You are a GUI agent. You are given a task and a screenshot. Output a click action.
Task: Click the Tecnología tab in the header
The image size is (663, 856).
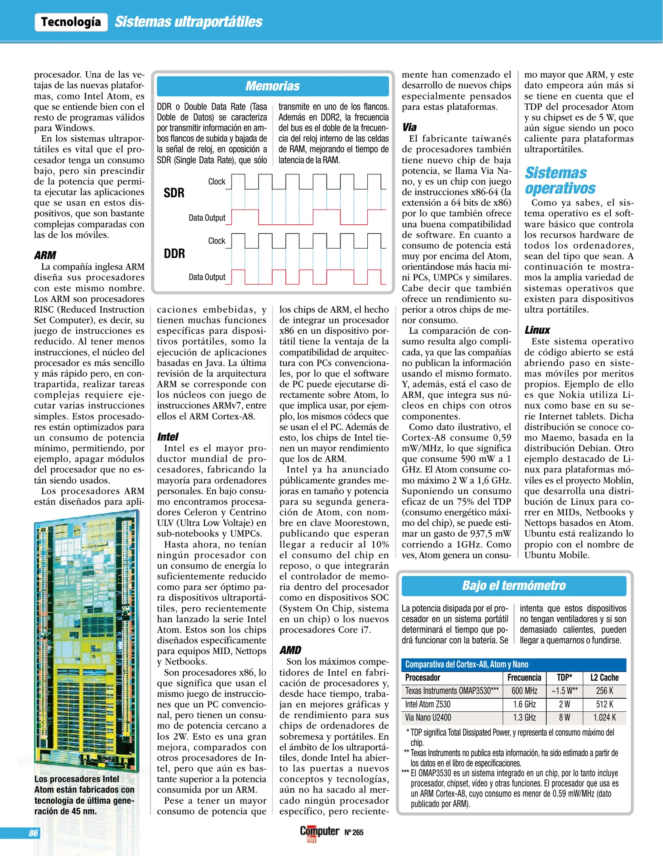pyautogui.click(x=71, y=22)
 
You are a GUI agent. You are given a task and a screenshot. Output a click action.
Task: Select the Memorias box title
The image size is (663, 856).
pyautogui.click(x=273, y=86)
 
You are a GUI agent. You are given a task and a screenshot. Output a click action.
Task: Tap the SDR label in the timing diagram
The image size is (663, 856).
pyautogui.click(x=174, y=193)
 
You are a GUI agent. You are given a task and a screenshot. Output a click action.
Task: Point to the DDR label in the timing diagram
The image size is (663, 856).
pyautogui.click(x=174, y=254)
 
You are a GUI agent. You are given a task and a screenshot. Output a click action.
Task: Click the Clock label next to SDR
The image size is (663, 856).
pyautogui.click(x=216, y=182)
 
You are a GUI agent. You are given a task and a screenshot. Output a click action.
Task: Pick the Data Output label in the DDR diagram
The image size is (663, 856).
pyautogui.click(x=207, y=277)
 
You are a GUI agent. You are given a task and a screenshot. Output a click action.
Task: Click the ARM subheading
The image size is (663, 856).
pyautogui.click(x=45, y=255)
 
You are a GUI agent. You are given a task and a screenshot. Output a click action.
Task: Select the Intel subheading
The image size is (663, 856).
pyautogui.click(x=168, y=437)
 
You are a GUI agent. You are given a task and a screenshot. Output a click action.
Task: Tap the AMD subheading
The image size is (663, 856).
pyautogui.click(x=290, y=650)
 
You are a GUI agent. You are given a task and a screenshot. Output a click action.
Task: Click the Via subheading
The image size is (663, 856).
pyautogui.click(x=409, y=127)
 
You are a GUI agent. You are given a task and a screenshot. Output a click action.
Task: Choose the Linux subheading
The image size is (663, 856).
pyautogui.click(x=537, y=330)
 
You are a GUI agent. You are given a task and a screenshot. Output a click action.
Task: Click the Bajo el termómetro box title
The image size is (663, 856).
pyautogui.click(x=514, y=585)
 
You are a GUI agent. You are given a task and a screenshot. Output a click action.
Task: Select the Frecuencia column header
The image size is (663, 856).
pyautogui.click(x=524, y=678)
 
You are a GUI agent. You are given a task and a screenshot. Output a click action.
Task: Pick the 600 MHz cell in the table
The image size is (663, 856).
pyautogui.click(x=524, y=691)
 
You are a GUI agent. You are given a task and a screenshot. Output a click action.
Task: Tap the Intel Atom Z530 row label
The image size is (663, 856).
pyautogui.click(x=428, y=704)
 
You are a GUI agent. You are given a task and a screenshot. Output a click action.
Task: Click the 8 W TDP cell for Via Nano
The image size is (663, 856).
pyautogui.click(x=564, y=717)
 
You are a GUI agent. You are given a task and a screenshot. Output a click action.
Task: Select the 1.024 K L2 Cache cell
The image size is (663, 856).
pyautogui.click(x=604, y=717)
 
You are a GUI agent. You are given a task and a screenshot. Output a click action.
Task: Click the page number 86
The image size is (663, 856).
pyautogui.click(x=33, y=833)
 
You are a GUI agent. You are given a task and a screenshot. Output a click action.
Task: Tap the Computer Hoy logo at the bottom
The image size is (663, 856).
pyautogui.click(x=319, y=832)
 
